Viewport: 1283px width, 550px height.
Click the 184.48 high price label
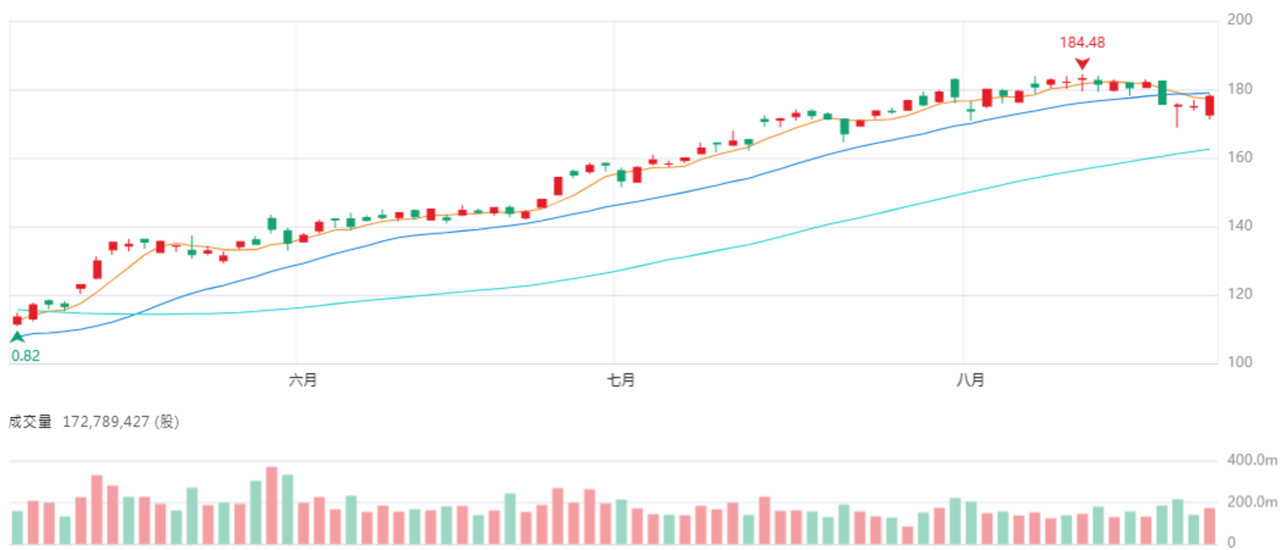[x=1082, y=42]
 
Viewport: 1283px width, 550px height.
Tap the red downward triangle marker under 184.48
[x=1082, y=63]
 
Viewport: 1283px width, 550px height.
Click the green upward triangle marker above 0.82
[x=17, y=337]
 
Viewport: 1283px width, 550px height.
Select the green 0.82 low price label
[x=26, y=356]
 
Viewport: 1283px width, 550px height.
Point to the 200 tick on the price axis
[x=1239, y=19]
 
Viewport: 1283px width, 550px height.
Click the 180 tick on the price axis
[x=1239, y=89]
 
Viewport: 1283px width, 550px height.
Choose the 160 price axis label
[x=1239, y=157]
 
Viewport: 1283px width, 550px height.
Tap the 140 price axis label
[x=1239, y=225]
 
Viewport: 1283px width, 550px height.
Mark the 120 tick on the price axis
[x=1239, y=293]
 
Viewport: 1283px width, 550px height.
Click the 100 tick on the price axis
[x=1239, y=361]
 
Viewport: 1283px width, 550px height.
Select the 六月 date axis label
[x=303, y=379]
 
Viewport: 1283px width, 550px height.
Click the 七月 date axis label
[x=621, y=379]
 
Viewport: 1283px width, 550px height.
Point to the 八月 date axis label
[x=970, y=379]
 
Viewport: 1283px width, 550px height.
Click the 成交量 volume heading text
[x=29, y=422]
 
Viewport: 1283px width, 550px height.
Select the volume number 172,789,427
[x=106, y=422]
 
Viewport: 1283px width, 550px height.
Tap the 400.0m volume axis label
[x=1252, y=459]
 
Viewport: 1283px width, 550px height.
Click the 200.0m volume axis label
[x=1252, y=502]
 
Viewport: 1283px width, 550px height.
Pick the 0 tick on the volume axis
[x=1232, y=542]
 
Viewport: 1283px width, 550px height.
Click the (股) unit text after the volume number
[x=167, y=422]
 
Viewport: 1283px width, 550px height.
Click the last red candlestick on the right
[x=1210, y=106]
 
